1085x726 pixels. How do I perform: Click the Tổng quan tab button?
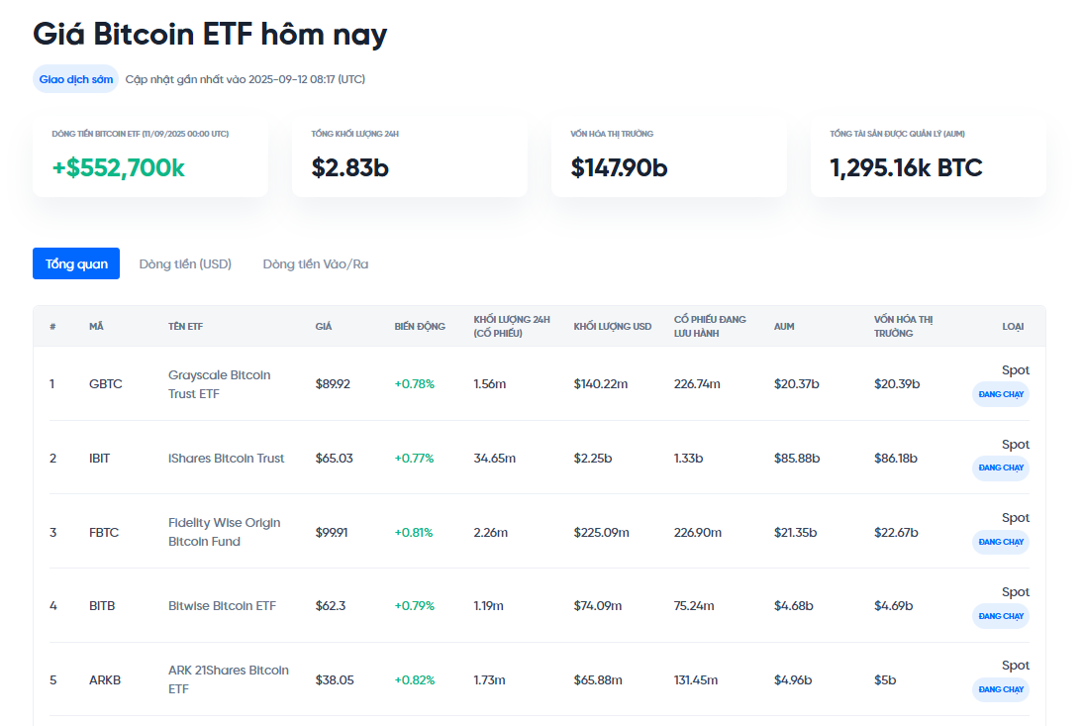pyautogui.click(x=76, y=263)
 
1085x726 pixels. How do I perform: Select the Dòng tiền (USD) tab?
pyautogui.click(x=185, y=264)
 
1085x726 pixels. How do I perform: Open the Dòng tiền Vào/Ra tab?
pyautogui.click(x=315, y=264)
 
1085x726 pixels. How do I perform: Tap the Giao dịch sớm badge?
pyautogui.click(x=75, y=79)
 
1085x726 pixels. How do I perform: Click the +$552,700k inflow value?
pyautogui.click(x=119, y=168)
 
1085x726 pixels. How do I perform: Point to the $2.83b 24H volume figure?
pyautogui.click(x=349, y=168)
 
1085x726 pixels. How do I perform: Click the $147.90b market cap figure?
pyautogui.click(x=619, y=168)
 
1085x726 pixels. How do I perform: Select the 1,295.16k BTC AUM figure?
pyautogui.click(x=906, y=168)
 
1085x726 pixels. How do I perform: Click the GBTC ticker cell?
pyautogui.click(x=105, y=384)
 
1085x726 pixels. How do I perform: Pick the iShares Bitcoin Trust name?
pyautogui.click(x=226, y=459)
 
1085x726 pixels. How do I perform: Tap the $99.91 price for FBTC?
pyautogui.click(x=332, y=533)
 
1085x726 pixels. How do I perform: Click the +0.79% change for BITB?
pyautogui.click(x=414, y=606)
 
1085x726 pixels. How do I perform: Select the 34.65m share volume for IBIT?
pyautogui.click(x=494, y=459)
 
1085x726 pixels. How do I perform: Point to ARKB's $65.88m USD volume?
pyautogui.click(x=598, y=680)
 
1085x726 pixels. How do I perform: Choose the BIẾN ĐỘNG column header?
pyautogui.click(x=420, y=327)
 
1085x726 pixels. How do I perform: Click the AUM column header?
pyautogui.click(x=784, y=327)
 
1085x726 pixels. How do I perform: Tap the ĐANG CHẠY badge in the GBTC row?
pyautogui.click(x=1000, y=394)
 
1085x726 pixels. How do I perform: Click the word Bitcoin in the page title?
pyautogui.click(x=143, y=35)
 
